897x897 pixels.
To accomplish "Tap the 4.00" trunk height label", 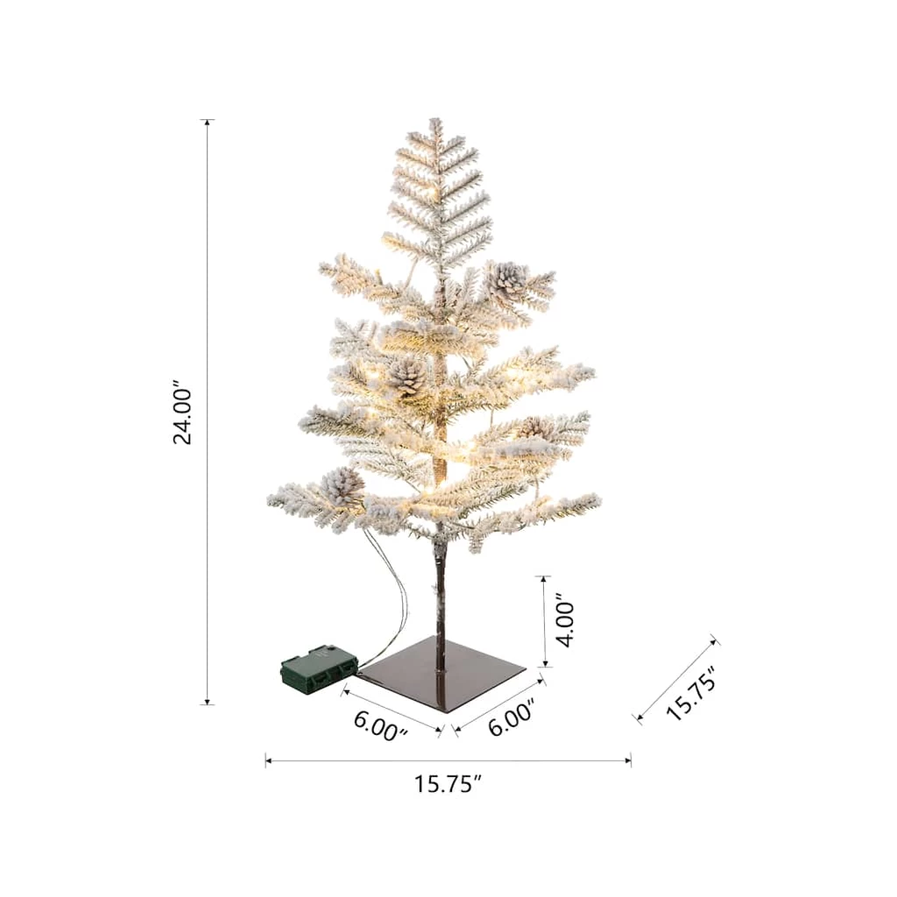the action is [x=565, y=624].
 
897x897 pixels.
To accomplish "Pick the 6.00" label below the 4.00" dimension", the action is [x=511, y=717].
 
